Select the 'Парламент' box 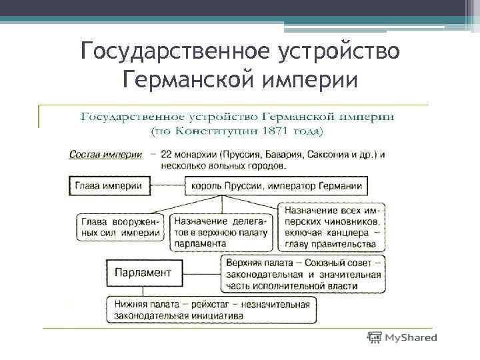click(x=143, y=272)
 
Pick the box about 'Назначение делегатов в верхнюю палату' click(x=221, y=231)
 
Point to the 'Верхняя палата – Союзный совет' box click(x=304, y=274)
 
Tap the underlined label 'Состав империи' click(x=105, y=155)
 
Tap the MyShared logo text click(x=411, y=338)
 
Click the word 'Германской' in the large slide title click(x=183, y=79)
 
